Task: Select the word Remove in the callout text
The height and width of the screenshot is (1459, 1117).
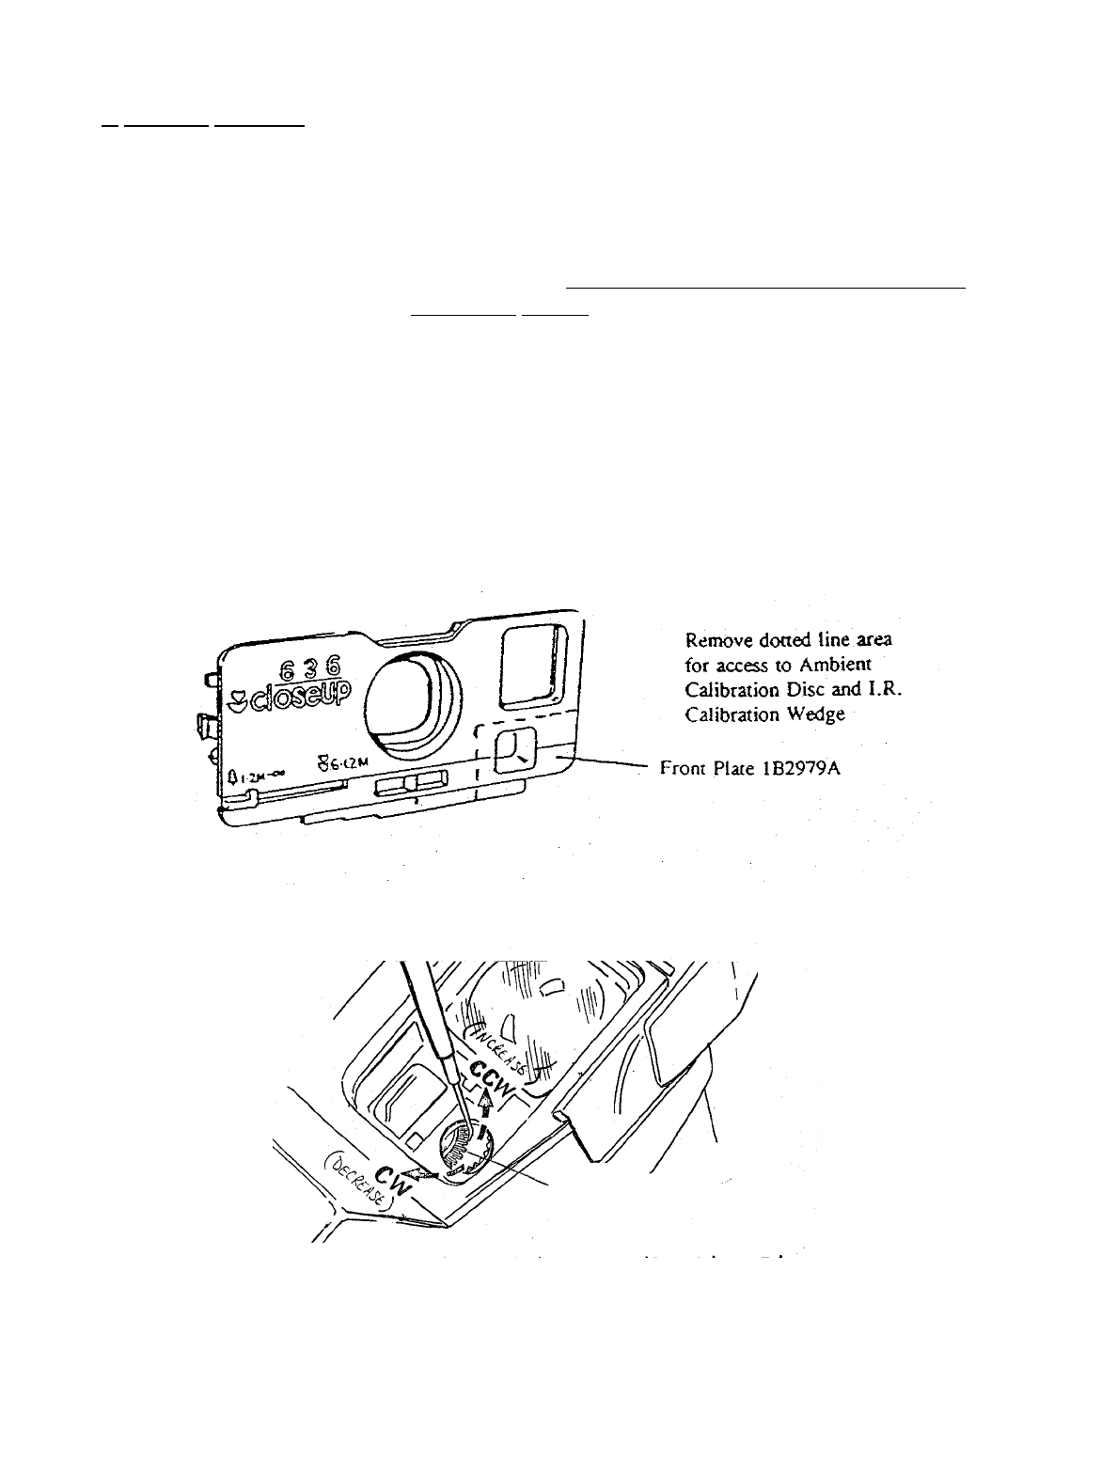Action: (716, 640)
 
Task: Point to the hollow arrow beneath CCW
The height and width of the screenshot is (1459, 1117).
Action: (485, 1102)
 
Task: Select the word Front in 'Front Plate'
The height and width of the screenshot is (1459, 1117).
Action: (683, 767)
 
